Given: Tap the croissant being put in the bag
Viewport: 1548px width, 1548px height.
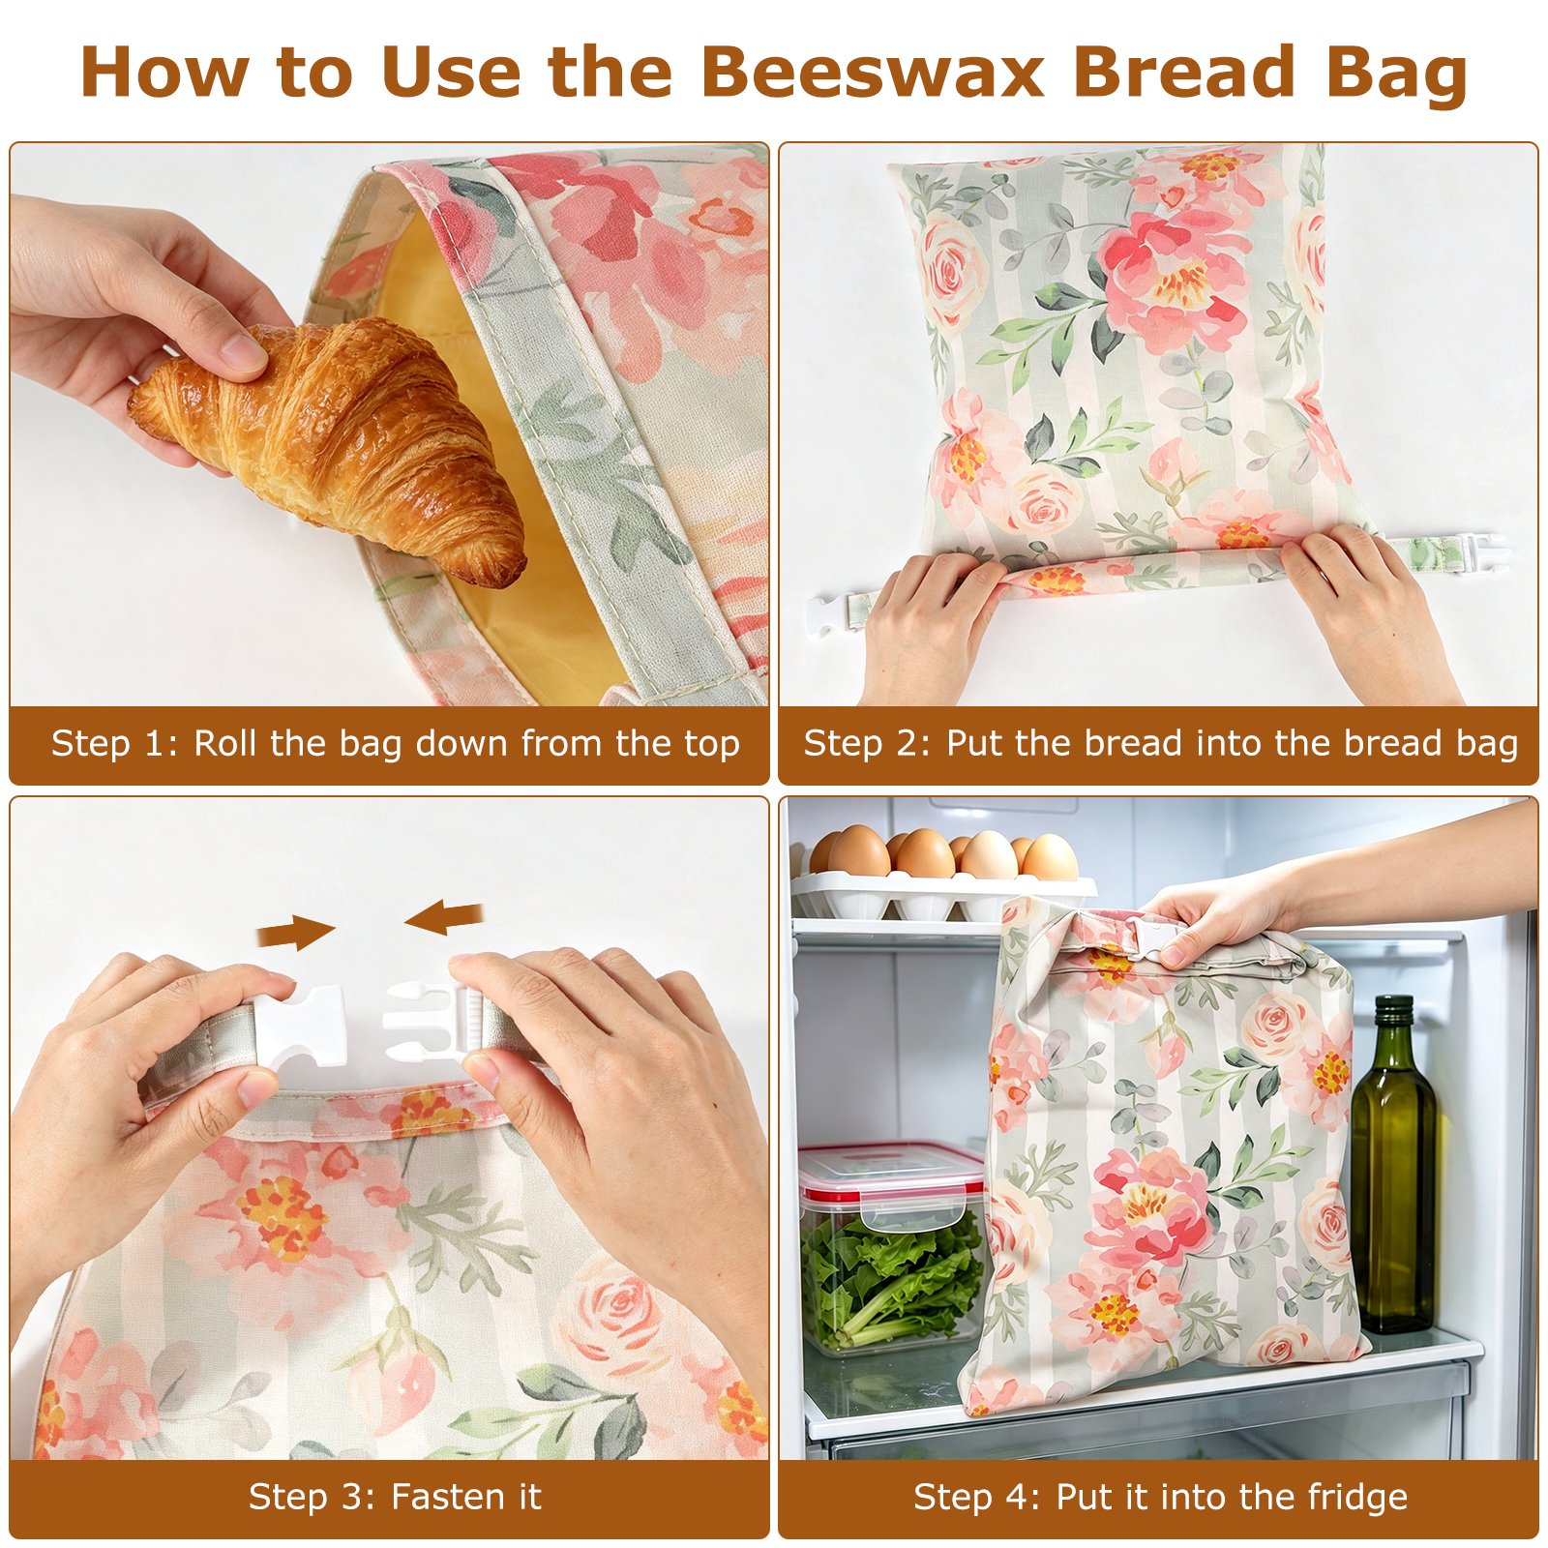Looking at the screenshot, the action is click(x=329, y=445).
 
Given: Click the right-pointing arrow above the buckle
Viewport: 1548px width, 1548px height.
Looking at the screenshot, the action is click(x=296, y=933).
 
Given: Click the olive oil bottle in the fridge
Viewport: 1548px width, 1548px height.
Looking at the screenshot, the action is click(x=1393, y=1166).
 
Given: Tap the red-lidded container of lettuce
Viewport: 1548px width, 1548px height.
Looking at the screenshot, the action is click(x=891, y=1248).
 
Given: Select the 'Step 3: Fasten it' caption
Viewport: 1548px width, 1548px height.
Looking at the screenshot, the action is click(x=395, y=1497).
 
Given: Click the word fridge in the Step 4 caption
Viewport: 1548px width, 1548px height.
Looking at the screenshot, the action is click(x=1357, y=1498).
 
